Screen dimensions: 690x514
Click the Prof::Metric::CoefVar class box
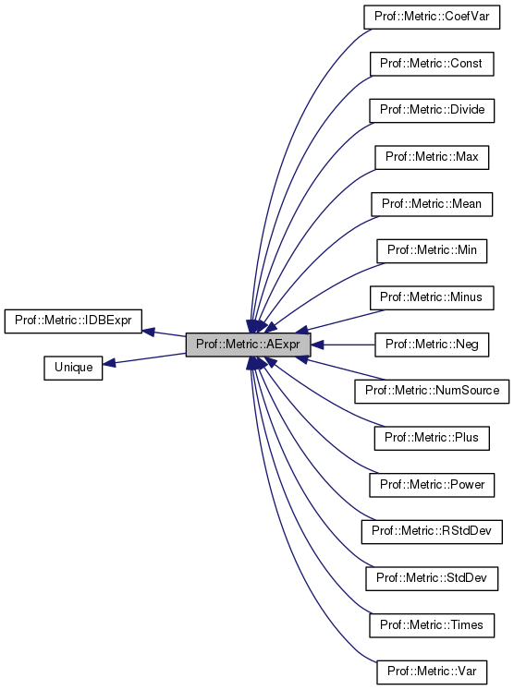coord(432,16)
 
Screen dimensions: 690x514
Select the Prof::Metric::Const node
coord(432,63)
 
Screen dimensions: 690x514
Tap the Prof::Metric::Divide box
coord(432,110)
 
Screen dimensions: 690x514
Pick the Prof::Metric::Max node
coord(432,156)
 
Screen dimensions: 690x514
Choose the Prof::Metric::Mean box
coord(432,203)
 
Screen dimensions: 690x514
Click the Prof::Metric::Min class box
coord(432,250)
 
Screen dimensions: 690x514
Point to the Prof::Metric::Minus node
coord(432,297)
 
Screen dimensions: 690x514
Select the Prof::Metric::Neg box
coord(432,345)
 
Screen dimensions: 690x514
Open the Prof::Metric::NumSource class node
coord(432,391)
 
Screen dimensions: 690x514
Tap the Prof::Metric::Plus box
coord(432,438)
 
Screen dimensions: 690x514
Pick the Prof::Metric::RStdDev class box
coord(432,531)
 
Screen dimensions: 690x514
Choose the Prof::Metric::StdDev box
coord(432,578)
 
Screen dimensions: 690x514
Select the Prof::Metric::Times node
coord(432,625)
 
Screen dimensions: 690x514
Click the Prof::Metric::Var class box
coord(432,672)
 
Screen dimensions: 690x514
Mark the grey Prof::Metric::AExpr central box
coord(248,345)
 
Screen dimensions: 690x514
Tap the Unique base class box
coord(73,368)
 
